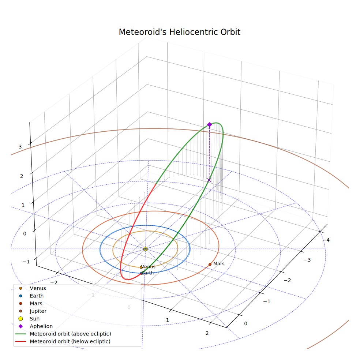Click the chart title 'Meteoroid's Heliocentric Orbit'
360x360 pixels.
pyautogui.click(x=179, y=32)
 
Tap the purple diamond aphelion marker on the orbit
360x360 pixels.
pyautogui.click(x=209, y=125)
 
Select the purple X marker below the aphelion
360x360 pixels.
pyautogui.click(x=209, y=180)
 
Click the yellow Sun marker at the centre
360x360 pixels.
pyautogui.click(x=145, y=249)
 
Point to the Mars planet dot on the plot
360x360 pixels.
pyautogui.click(x=210, y=264)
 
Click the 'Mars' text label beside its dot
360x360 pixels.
pyautogui.click(x=219, y=263)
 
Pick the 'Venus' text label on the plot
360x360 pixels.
pyautogui.click(x=148, y=267)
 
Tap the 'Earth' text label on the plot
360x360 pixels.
pyautogui.click(x=147, y=273)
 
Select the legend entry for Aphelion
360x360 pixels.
pyautogui.click(x=35, y=326)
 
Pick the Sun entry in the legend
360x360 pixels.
pyautogui.click(x=29, y=319)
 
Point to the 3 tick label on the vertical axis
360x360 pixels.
pyautogui.click(x=20, y=147)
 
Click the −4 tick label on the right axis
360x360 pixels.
pyautogui.click(x=326, y=240)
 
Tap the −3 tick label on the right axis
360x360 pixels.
pyautogui.click(x=307, y=260)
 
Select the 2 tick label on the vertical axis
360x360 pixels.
pyautogui.click(x=22, y=176)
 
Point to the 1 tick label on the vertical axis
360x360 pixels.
pyautogui.click(x=23, y=205)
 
